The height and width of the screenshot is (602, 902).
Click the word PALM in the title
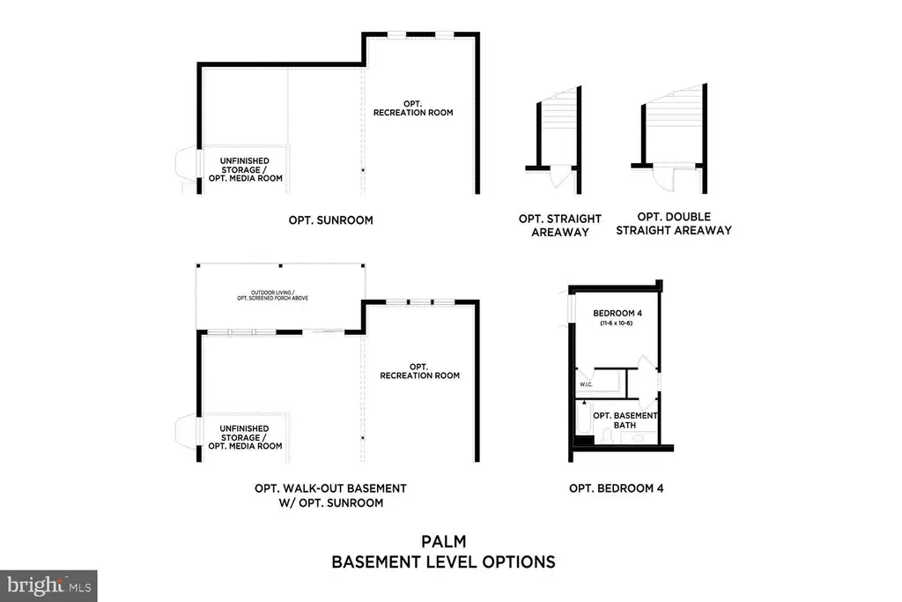click(444, 541)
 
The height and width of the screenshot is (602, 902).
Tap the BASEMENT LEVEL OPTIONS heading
click(444, 562)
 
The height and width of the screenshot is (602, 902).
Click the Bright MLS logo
click(49, 586)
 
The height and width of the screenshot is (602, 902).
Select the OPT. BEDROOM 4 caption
click(616, 488)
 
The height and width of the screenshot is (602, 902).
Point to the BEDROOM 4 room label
click(617, 313)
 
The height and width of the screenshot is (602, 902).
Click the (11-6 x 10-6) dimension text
click(617, 323)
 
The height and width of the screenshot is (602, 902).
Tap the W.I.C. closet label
click(586, 384)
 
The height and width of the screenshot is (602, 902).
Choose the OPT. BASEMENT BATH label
click(625, 420)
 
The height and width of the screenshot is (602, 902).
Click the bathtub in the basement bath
click(584, 419)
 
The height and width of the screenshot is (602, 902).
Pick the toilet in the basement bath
click(606, 435)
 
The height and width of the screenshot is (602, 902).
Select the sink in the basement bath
click(638, 438)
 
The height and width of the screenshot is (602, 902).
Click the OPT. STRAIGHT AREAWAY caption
click(559, 226)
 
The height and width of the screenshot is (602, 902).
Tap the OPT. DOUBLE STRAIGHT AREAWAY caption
click(674, 223)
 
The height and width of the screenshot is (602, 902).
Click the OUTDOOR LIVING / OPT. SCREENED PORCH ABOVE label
click(273, 295)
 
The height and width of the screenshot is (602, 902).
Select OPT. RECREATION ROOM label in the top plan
click(413, 108)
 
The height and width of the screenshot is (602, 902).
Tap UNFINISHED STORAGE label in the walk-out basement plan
click(245, 433)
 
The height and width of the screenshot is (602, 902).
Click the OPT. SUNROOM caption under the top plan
click(331, 220)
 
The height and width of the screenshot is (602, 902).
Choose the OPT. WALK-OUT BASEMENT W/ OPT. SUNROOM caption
click(331, 495)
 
